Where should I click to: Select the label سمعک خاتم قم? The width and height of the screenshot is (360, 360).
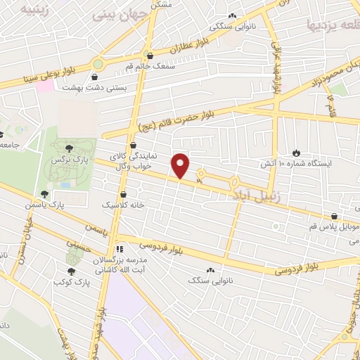(148, 66)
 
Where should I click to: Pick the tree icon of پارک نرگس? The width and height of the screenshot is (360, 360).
(68, 148)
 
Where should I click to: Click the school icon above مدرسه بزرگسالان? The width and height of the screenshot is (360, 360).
(120, 248)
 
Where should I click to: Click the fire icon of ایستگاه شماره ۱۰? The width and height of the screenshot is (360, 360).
(296, 152)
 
